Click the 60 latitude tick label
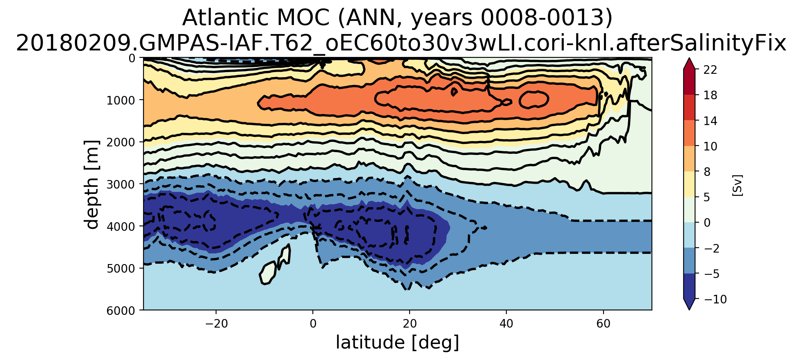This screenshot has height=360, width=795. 603,324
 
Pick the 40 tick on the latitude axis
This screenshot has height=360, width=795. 506,324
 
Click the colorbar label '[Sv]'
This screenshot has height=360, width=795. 737,185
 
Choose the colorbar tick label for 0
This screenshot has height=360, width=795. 707,223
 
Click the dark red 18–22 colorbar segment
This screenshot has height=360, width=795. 689,82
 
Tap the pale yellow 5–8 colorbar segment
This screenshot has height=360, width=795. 689,184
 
